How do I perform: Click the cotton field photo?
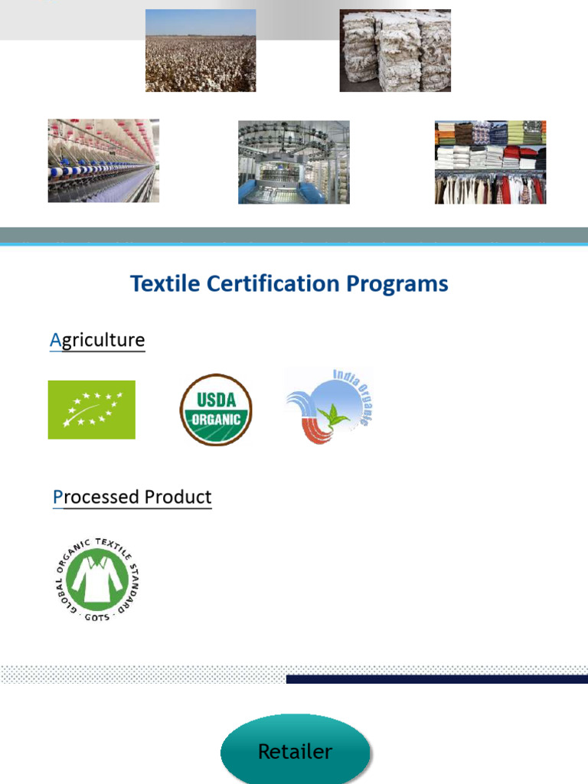201,51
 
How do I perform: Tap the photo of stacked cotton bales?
395,51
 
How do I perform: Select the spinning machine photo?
103,161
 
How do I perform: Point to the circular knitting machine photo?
294,162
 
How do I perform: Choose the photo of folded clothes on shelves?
490,162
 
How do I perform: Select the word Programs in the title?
397,284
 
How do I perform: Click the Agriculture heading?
97,340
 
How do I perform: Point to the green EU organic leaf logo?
91,410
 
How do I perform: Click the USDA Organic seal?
216,410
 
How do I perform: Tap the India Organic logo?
328,408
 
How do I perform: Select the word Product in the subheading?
178,497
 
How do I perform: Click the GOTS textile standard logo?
96,580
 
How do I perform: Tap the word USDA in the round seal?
217,399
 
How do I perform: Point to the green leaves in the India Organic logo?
333,416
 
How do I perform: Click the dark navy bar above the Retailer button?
436,679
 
